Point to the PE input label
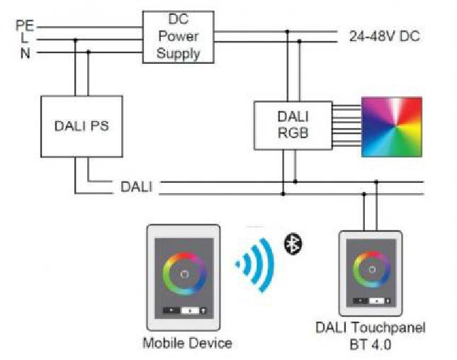coord(25,26)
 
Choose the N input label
coord(26,52)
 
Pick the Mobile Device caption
coord(187,344)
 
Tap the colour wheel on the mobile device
coord(184,273)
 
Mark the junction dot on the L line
coord(75,40)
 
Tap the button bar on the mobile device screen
coord(184,310)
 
